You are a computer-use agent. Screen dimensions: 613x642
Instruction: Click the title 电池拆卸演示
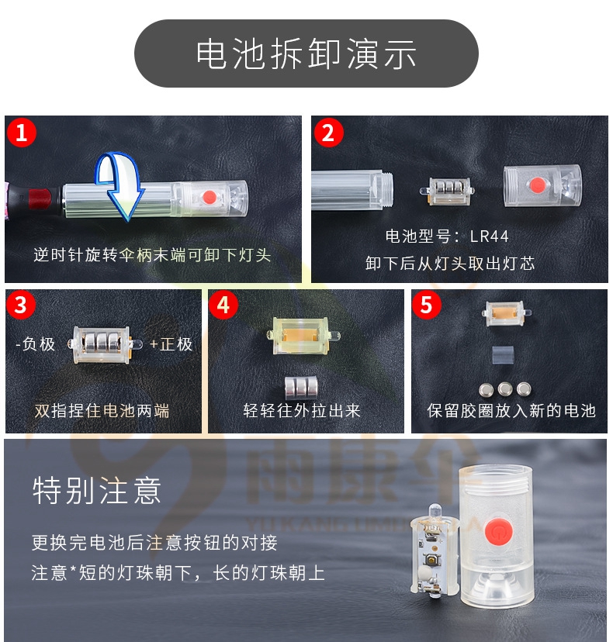pyautogui.click(x=306, y=53)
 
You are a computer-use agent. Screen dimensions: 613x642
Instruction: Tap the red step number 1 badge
pyautogui.click(x=21, y=133)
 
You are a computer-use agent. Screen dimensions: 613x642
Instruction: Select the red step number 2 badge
pyautogui.click(x=328, y=133)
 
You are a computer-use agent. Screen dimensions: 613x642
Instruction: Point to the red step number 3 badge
pyautogui.click(x=21, y=305)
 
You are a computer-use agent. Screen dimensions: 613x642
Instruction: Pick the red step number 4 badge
pyautogui.click(x=223, y=305)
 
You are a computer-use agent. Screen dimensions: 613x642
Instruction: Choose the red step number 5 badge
pyautogui.click(x=426, y=305)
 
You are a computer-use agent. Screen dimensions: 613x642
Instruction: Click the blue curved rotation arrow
pyautogui.click(x=119, y=185)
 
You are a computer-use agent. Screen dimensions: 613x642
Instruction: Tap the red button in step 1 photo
pyautogui.click(x=210, y=197)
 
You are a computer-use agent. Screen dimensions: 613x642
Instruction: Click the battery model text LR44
pyautogui.click(x=490, y=236)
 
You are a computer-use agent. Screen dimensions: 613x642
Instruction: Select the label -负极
pyautogui.click(x=35, y=344)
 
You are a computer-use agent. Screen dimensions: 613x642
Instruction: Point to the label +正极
pyautogui.click(x=171, y=344)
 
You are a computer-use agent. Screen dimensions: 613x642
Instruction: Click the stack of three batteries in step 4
pyautogui.click(x=301, y=388)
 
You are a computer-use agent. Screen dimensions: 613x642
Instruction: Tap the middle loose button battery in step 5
pyautogui.click(x=505, y=388)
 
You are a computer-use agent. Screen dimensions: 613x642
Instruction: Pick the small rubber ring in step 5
pyautogui.click(x=503, y=354)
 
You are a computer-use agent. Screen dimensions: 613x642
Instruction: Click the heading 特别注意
pyautogui.click(x=97, y=490)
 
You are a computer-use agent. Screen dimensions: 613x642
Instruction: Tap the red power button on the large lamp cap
pyautogui.click(x=497, y=531)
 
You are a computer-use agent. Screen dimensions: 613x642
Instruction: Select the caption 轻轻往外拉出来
pyautogui.click(x=302, y=411)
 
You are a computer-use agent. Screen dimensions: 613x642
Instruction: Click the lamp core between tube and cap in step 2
pyautogui.click(x=448, y=191)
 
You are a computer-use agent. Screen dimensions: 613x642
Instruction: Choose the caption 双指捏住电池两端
pyautogui.click(x=102, y=411)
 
